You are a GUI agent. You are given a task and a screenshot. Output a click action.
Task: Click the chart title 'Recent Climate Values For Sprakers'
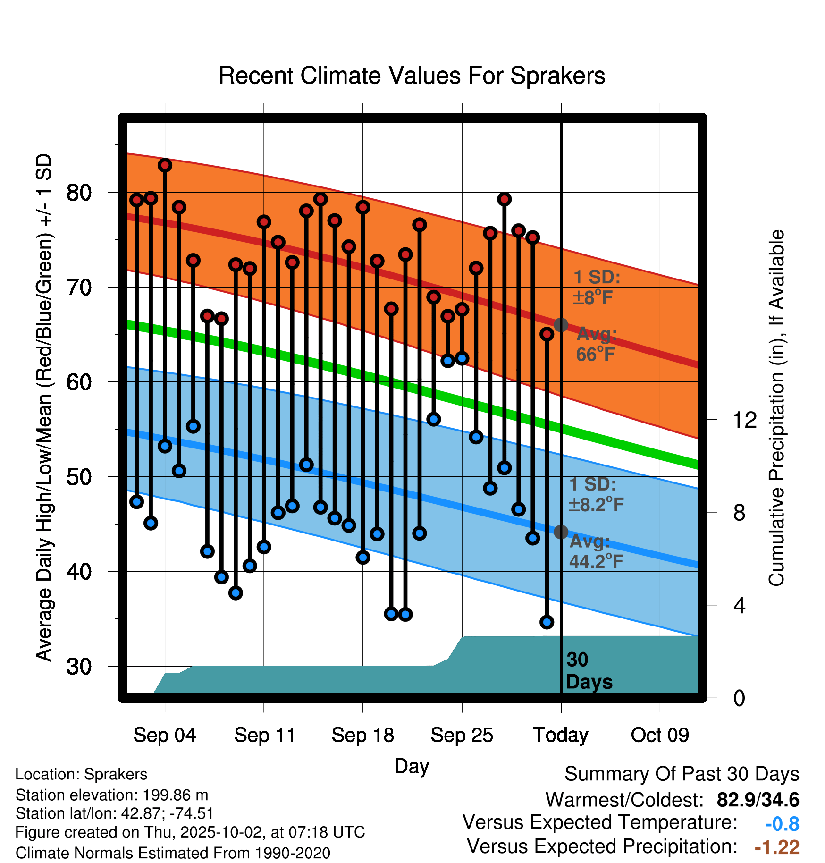pos(412,76)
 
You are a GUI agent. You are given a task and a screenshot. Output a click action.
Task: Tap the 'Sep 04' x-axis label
pos(164,735)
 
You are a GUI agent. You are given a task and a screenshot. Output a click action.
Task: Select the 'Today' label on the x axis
pos(561,735)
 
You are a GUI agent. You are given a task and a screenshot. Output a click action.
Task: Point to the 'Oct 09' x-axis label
pos(660,735)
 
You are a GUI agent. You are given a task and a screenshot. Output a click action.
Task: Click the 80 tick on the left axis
pos(79,193)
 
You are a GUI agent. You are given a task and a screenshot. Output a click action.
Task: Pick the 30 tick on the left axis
pos(79,667)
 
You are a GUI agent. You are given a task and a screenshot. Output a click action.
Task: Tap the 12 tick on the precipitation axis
pos(744,420)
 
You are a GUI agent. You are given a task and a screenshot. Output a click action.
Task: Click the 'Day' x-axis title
pos(412,766)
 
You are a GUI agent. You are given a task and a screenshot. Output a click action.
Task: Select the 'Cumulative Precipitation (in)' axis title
pos(776,408)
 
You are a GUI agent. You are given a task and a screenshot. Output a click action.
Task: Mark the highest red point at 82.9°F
pos(165,165)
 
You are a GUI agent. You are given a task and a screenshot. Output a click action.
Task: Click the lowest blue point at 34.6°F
pos(547,622)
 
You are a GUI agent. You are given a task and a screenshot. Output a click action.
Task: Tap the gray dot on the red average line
pos(561,325)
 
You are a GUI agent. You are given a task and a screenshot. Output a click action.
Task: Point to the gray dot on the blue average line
pos(561,532)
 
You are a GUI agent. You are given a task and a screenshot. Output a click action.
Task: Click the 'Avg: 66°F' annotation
pos(596,344)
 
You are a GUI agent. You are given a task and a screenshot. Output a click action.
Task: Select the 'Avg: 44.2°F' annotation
pos(596,551)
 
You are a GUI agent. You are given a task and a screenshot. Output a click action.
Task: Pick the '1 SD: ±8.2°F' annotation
pos(596,494)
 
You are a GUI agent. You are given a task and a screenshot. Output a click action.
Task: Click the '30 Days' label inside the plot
pos(589,671)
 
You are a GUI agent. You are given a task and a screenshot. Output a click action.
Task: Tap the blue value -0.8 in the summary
pos(782,824)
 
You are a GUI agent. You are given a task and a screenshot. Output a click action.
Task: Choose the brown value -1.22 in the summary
pos(777,847)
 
